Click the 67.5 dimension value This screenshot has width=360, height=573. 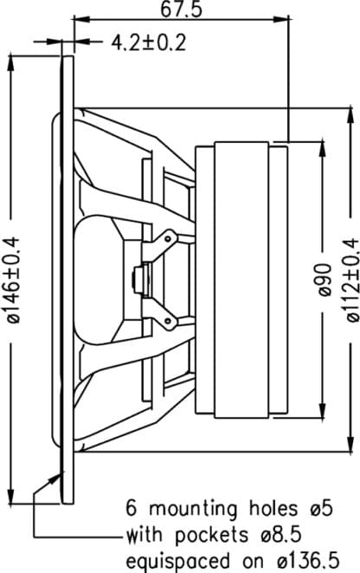click(181, 10)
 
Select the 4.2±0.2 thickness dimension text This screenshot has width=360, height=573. click(149, 42)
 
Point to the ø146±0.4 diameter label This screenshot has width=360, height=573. click(15, 280)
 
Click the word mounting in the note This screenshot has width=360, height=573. click(193, 510)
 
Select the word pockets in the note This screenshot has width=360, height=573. click(211, 536)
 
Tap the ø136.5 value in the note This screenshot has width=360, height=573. click(308, 561)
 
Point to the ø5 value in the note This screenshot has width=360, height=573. click(322, 509)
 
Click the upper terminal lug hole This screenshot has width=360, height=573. click(168, 239)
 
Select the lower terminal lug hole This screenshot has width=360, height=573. click(168, 321)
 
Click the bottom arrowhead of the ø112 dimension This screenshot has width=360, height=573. click(350, 444)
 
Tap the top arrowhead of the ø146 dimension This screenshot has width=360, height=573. click(10, 62)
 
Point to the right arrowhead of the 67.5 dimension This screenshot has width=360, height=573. click(285, 19)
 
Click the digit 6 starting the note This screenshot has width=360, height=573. click(132, 509)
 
